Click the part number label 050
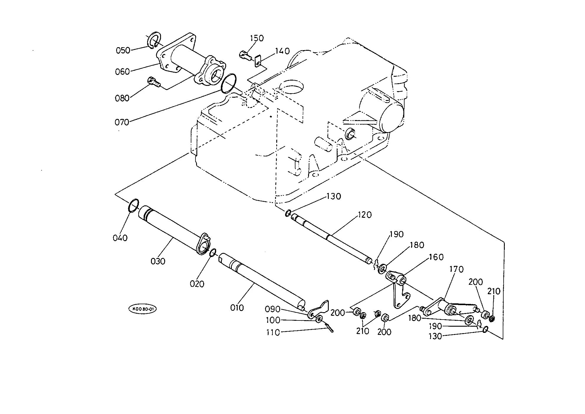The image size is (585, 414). click(x=123, y=50)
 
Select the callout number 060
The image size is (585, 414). click(x=122, y=72)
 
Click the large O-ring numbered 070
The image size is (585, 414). click(x=229, y=84)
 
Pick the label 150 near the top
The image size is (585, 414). click(x=257, y=38)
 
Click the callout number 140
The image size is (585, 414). click(x=282, y=51)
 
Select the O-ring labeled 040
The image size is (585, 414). click(x=133, y=205)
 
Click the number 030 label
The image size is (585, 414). click(x=158, y=261)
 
